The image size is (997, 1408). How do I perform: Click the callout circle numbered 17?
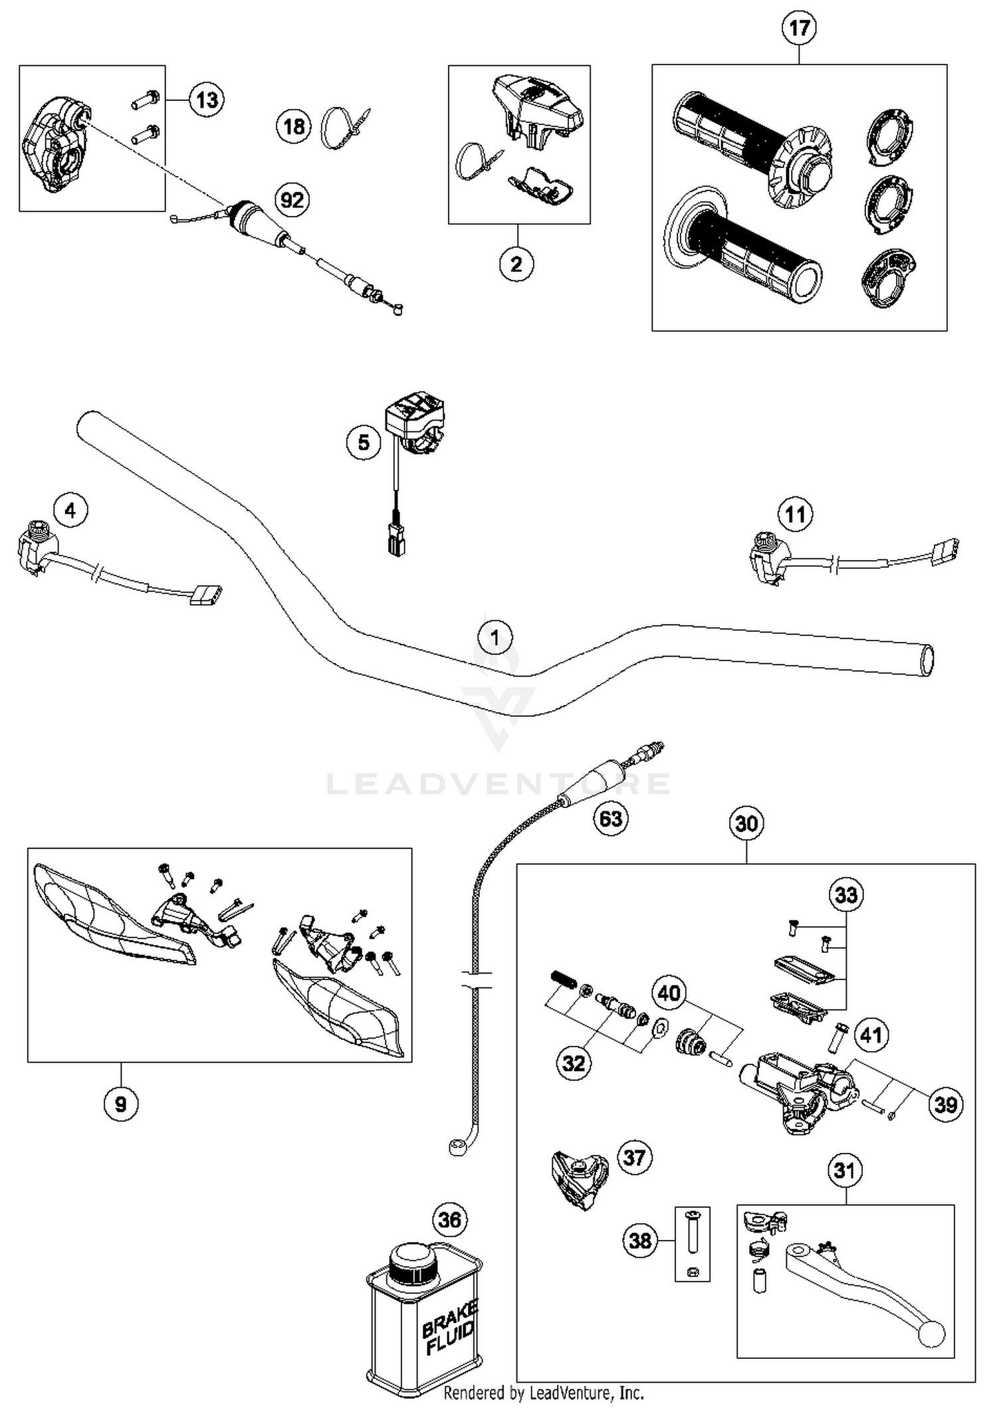(x=799, y=28)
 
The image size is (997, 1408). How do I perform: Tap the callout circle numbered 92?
(x=292, y=200)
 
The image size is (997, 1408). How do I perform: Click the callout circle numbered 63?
(x=611, y=819)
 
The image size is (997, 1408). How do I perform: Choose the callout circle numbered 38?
(x=640, y=1240)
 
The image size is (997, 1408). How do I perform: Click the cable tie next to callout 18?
(x=342, y=126)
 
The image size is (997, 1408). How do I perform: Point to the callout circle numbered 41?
(x=871, y=1035)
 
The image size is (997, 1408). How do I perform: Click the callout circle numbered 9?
(x=121, y=1104)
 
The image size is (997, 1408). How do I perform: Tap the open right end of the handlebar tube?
(x=926, y=660)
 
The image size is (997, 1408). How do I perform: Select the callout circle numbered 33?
(x=846, y=895)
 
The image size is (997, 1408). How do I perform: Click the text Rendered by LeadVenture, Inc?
(x=543, y=1392)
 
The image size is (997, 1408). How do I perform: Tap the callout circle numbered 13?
(x=207, y=100)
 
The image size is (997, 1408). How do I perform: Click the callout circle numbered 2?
(x=516, y=264)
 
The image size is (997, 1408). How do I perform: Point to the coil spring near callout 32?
(x=562, y=979)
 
